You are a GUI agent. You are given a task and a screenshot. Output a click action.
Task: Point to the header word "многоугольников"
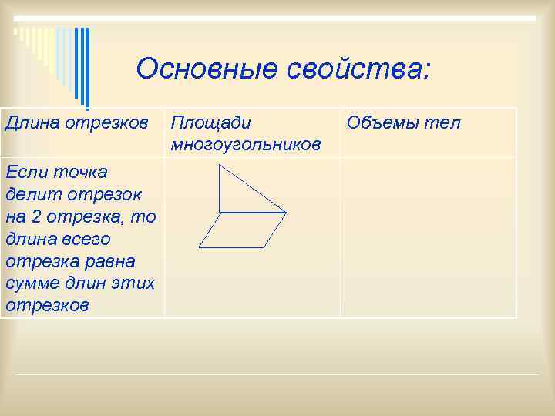click(x=246, y=144)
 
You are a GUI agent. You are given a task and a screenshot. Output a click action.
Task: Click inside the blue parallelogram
click(x=242, y=230)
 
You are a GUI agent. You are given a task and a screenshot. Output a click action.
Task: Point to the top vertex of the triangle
click(x=220, y=165)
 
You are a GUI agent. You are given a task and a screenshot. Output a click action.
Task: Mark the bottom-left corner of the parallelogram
click(x=199, y=247)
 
